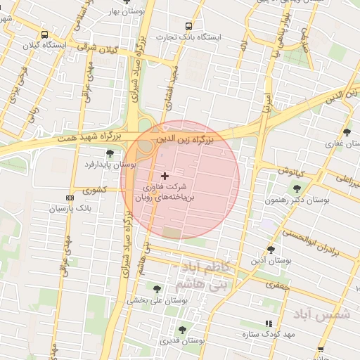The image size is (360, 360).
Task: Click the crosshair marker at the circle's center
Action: coord(165,175)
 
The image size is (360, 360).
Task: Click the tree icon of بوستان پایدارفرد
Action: coord(109,153)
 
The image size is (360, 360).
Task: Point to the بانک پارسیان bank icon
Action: coord(68,198)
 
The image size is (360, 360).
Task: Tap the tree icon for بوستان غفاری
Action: coord(347,132)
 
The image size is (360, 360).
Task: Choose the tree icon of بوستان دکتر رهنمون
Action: coord(296,188)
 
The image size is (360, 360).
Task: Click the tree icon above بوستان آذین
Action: coord(271,250)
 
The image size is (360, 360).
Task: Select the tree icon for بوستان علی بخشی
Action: coord(157,289)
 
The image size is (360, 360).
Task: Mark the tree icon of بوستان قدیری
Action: coord(182,329)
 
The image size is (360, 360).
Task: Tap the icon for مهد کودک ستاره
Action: coord(267,323)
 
